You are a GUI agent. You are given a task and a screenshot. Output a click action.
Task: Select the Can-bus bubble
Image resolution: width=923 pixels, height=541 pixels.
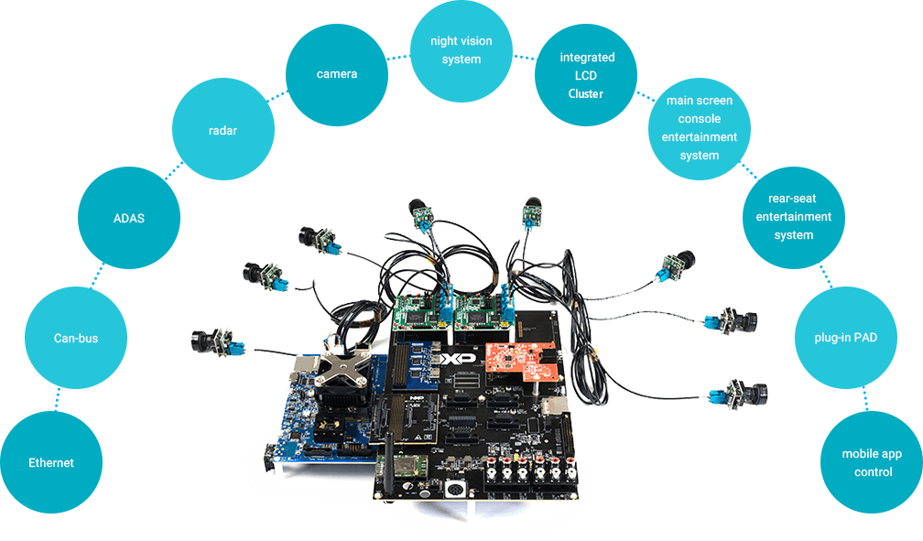[75, 338]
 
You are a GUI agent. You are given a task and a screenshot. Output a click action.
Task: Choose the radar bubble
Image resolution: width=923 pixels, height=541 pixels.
[222, 130]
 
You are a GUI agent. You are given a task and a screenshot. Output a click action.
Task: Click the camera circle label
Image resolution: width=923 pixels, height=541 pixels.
[336, 73]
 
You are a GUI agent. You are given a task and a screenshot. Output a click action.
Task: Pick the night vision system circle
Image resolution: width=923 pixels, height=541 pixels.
[461, 50]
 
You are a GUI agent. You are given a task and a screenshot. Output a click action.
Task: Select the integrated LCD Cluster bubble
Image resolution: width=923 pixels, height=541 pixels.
[586, 75]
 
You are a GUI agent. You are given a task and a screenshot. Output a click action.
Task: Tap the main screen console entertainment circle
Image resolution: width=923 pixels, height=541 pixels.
[700, 127]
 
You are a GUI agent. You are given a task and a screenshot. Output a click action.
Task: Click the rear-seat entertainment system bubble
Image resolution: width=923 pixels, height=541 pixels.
[793, 216]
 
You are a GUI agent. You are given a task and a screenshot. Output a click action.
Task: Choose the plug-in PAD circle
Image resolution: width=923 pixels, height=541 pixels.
[846, 338]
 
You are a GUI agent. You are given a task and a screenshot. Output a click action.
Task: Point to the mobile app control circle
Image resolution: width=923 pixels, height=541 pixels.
[872, 463]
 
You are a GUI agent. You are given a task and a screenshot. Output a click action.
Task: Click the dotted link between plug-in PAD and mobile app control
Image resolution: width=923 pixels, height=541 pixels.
[864, 400]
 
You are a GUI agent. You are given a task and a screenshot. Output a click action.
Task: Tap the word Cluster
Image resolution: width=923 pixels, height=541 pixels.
[586, 93]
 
